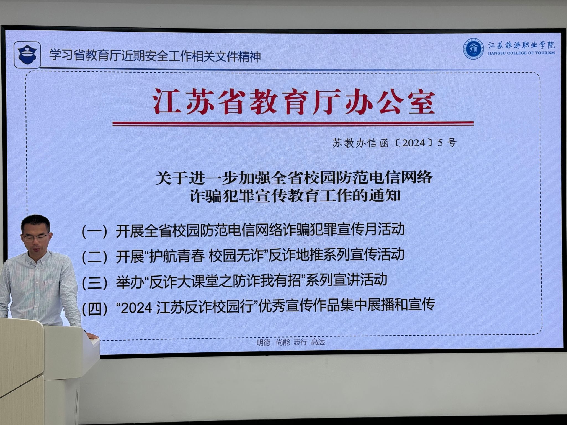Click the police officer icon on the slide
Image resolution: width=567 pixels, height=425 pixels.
27,55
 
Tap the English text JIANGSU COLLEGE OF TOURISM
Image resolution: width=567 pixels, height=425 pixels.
521,53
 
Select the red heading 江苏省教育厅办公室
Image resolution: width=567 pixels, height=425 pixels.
294,101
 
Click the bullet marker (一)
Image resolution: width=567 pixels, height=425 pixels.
94,231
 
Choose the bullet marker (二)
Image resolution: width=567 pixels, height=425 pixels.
94,256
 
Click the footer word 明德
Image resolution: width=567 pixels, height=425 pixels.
263,342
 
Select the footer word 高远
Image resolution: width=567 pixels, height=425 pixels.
318,342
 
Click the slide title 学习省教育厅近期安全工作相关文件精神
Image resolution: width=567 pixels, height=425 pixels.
155,55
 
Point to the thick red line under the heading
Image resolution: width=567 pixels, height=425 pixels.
293,123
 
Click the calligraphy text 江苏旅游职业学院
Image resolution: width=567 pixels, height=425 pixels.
521,45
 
